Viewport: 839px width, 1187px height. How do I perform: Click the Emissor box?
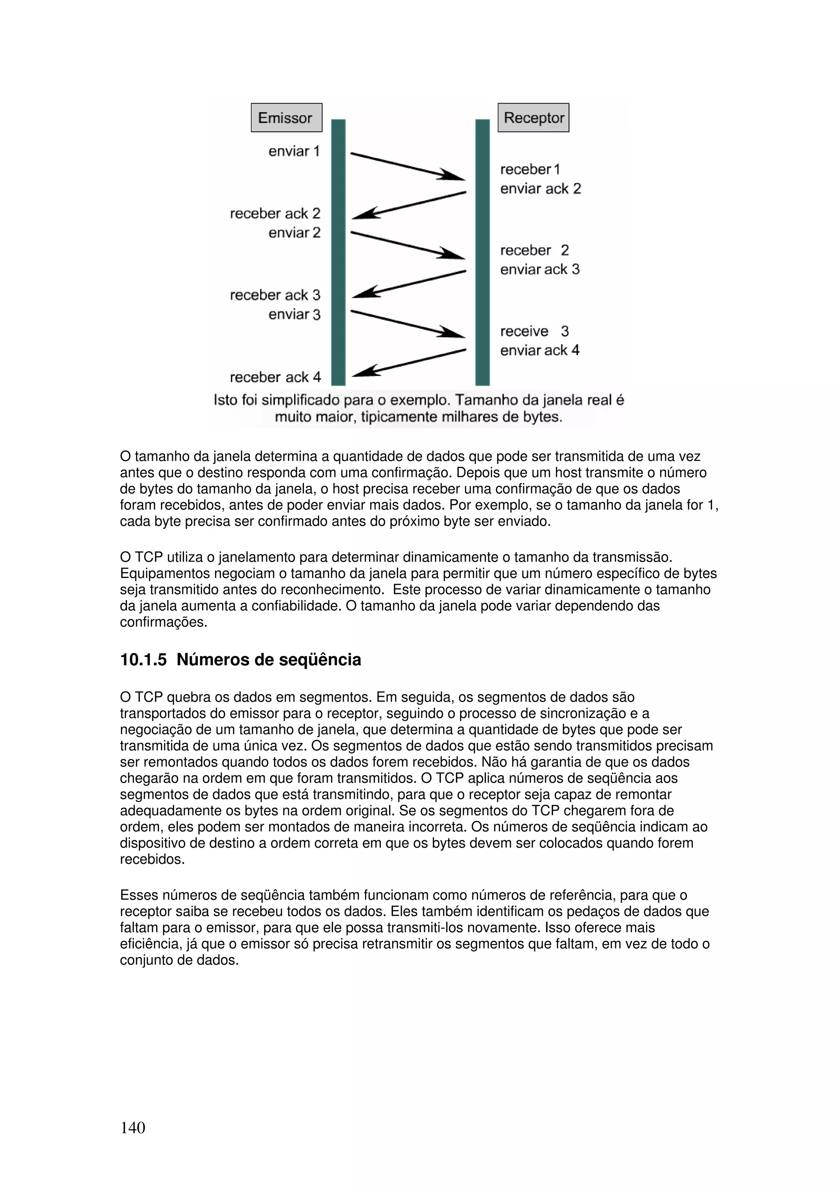286,118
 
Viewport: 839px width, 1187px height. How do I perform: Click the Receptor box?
533,118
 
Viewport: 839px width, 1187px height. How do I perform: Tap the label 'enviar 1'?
294,151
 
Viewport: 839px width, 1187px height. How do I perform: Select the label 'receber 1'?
530,169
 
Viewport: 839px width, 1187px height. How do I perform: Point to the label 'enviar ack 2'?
540,189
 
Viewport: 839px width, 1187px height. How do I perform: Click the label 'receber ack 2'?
275,213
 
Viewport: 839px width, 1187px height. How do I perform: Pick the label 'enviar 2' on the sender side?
294,233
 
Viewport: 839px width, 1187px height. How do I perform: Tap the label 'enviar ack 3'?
540,270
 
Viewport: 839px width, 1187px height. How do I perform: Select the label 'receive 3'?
534,331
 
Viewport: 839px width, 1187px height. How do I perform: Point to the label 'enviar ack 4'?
540,351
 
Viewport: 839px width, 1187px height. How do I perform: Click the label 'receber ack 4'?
275,377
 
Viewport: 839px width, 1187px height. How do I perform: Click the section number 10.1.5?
143,660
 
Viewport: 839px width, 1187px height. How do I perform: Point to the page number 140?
133,1128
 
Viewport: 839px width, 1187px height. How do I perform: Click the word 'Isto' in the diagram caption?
225,400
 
